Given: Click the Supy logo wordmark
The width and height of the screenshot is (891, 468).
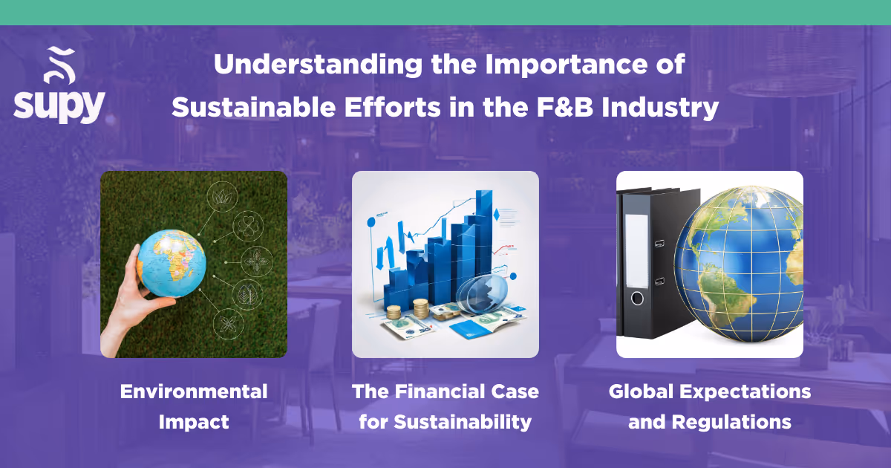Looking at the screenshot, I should (x=59, y=105).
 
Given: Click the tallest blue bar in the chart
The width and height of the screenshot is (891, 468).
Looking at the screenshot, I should (x=486, y=223).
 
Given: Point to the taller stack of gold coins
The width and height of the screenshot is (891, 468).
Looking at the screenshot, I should (x=422, y=308).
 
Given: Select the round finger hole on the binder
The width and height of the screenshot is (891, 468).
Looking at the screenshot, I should (x=636, y=299).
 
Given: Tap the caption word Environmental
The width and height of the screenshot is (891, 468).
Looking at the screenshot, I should (x=194, y=391).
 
